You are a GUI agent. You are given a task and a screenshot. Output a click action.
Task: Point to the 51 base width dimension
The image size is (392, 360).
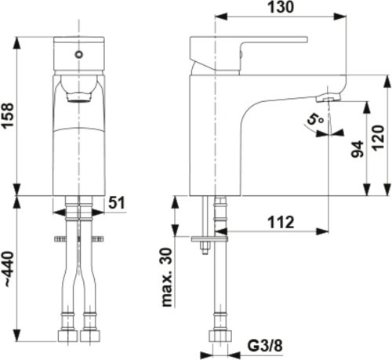pyautogui.click(x=116, y=202)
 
